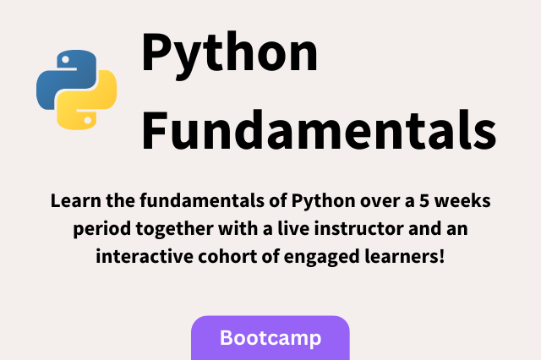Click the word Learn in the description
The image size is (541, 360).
[72, 203]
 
